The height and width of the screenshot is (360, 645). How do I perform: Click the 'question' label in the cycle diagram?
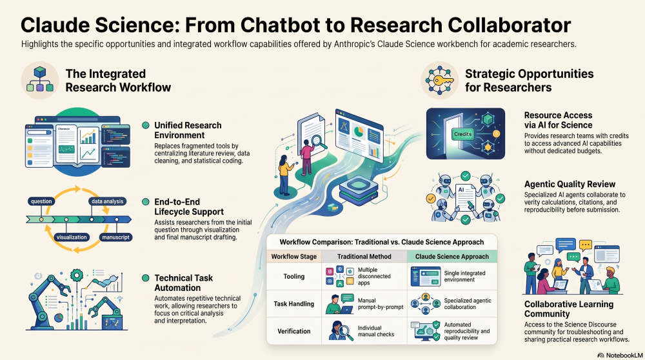41,201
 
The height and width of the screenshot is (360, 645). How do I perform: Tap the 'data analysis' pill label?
107,201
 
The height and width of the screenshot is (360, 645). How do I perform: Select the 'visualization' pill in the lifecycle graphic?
72,237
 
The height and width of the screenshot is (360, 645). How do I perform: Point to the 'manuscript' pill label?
115,237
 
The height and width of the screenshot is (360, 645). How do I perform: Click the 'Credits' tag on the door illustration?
462,134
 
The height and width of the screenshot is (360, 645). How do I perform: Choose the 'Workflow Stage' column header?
293,256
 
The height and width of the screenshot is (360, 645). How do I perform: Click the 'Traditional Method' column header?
364,256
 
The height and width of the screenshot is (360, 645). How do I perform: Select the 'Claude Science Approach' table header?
452,256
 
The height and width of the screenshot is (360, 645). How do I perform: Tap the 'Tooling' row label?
293,277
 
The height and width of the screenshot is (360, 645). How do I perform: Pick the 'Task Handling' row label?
293,304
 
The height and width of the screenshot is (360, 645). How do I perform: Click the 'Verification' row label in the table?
293,331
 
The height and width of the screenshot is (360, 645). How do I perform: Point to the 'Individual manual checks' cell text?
376,331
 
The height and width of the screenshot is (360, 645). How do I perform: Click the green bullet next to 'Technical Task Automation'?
145,278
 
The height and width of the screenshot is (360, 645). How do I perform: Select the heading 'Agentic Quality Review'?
570,185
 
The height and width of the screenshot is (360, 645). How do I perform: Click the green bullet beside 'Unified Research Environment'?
145,126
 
